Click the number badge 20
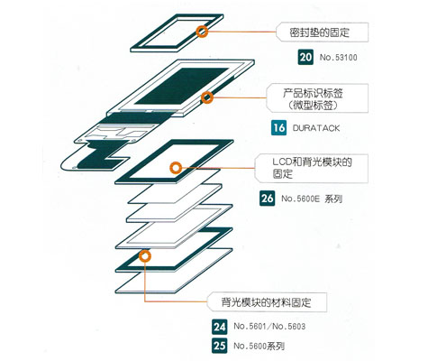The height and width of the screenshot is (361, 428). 305,57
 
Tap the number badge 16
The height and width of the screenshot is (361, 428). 278,127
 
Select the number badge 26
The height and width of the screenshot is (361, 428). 267,199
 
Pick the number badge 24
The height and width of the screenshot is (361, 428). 220,327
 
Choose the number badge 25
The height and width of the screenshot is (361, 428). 220,346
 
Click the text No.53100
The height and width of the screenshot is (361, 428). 339,57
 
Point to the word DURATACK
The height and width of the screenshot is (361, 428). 316,128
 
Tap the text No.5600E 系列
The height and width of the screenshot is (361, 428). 312,199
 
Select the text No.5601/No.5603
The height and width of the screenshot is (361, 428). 269,327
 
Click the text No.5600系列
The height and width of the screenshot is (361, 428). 259,346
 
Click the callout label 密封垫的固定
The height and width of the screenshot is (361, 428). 320,32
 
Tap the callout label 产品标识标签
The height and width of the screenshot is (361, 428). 313,93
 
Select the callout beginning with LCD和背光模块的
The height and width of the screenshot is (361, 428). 312,168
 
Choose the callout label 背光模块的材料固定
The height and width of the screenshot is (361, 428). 266,302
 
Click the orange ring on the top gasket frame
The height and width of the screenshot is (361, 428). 202,32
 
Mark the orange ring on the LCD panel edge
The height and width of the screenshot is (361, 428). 207,97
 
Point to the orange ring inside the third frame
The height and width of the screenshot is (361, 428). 176,168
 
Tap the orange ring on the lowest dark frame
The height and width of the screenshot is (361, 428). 145,256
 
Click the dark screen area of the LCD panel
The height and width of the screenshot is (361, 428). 181,86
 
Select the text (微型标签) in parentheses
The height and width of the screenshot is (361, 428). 313,106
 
